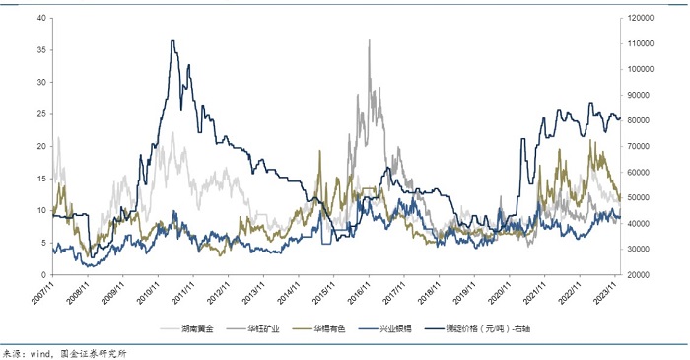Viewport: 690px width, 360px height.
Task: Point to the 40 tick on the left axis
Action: [39, 18]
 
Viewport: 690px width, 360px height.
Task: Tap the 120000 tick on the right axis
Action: [646, 18]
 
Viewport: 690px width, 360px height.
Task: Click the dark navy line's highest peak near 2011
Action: [173, 41]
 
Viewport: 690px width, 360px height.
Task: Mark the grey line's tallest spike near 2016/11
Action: [370, 40]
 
